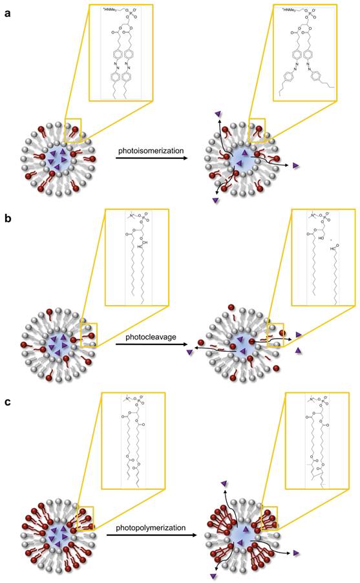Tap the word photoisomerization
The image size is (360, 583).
150,152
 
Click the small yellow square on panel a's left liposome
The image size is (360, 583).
73,127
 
